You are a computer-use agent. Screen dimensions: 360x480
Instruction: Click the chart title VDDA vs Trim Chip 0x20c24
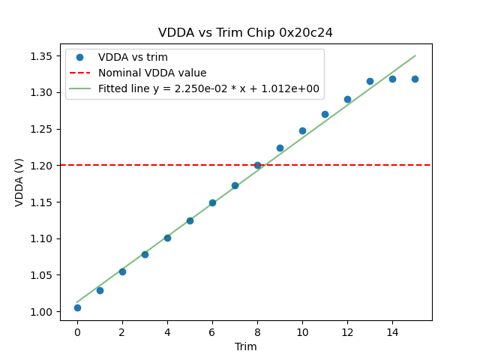(x=245, y=33)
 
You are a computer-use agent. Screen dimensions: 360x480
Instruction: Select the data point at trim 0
(x=77, y=307)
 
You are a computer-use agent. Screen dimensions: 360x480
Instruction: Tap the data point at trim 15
(x=415, y=79)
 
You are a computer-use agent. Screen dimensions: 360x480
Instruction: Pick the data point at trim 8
(x=257, y=165)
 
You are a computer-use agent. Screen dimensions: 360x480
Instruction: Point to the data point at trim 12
(x=347, y=99)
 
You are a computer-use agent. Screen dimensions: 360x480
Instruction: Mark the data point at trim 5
(x=190, y=220)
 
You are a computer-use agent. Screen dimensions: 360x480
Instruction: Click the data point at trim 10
(x=302, y=130)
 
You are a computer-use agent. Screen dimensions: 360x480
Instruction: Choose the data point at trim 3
(x=145, y=254)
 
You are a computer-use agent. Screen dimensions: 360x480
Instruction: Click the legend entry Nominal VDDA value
(x=152, y=73)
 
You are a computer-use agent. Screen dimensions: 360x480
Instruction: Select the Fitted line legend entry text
(x=208, y=88)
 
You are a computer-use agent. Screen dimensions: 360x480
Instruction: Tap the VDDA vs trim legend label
(x=133, y=57)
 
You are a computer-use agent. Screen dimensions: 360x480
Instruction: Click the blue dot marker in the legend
(x=79, y=57)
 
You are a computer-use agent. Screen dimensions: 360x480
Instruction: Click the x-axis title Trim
(x=245, y=346)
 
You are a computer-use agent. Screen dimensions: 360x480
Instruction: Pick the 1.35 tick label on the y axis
(x=40, y=56)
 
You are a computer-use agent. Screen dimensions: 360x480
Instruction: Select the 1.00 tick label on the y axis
(x=40, y=312)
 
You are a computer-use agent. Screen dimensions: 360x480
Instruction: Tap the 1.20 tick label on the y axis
(x=40, y=166)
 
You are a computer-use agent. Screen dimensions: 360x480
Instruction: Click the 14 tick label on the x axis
(x=392, y=331)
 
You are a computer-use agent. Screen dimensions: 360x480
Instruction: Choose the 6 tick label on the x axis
(x=212, y=331)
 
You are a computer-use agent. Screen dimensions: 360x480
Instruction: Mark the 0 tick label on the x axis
(x=77, y=331)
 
